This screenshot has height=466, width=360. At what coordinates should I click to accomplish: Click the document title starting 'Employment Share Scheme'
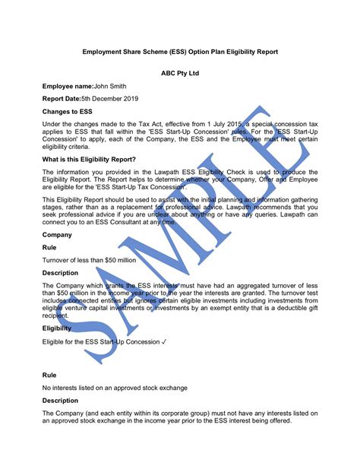[180, 52]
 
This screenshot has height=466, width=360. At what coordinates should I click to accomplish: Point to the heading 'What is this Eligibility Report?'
[90, 159]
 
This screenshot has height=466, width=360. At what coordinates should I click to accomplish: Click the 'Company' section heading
[58, 236]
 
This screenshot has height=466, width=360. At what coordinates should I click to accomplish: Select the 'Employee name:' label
[68, 88]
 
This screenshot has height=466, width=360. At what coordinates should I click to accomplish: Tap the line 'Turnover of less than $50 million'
[89, 260]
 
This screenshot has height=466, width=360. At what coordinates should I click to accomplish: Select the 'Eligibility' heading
[57, 329]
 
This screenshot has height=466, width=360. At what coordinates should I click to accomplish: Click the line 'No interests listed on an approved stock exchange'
[115, 388]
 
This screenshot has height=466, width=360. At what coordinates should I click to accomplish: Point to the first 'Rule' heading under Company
[50, 248]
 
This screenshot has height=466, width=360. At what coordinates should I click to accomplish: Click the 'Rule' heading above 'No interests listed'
[50, 376]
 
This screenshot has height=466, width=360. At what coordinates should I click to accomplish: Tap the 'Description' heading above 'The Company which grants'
[60, 272]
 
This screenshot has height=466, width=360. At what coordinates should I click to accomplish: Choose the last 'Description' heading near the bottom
[60, 400]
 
